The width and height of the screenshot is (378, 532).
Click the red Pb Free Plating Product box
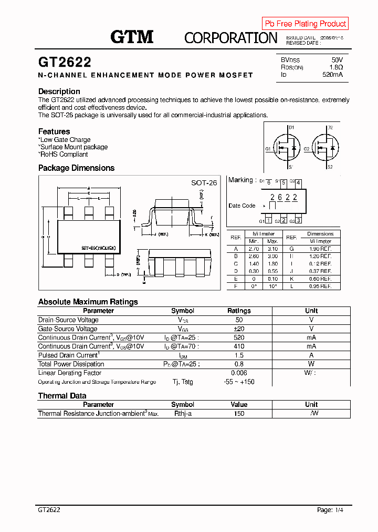[305, 24]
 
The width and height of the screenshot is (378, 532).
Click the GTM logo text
[132, 37]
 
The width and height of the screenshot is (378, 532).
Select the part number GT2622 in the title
[65, 63]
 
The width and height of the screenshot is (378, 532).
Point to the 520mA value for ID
[332, 75]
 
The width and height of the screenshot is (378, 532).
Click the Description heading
[59, 91]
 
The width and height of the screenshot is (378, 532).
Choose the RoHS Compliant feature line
[64, 155]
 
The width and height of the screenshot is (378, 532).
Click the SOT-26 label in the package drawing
[204, 183]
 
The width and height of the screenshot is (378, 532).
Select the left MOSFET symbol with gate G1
[288, 148]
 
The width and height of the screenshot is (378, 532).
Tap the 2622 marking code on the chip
[283, 198]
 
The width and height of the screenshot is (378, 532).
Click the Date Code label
[242, 206]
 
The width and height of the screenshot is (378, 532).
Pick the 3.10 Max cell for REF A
[272, 249]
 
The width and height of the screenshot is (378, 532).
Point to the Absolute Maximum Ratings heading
[88, 302]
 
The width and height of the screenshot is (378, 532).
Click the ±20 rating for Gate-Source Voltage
[239, 329]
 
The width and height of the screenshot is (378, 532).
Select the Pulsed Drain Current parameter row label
[69, 355]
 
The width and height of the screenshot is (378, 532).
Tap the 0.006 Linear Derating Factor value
[239, 373]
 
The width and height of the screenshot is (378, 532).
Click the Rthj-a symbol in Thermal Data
[183, 413]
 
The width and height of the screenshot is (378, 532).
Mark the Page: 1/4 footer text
[331, 510]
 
